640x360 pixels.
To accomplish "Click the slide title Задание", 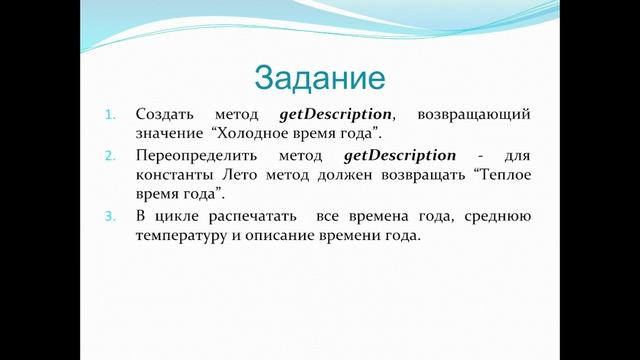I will [x=320, y=77].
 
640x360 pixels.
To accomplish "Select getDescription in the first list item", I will [x=335, y=115].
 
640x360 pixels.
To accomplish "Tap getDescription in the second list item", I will [x=399, y=156].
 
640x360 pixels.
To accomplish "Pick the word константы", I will [x=173, y=174].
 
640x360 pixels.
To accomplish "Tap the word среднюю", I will [x=499, y=217].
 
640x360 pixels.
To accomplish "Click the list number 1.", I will [x=111, y=116].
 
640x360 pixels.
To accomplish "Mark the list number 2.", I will [x=111, y=157].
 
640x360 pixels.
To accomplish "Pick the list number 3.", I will [x=111, y=217].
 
